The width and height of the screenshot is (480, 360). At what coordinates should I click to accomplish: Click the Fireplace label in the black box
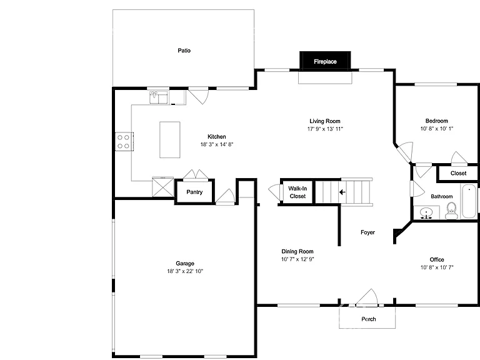click(325, 61)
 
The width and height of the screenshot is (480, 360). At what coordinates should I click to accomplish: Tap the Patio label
click(184, 51)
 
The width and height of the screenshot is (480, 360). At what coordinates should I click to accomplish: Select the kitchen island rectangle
click(169, 139)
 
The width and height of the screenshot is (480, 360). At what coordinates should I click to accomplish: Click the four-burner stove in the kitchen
click(124, 141)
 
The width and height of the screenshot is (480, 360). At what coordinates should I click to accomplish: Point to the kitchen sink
click(159, 97)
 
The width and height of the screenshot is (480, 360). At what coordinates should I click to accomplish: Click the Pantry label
click(194, 192)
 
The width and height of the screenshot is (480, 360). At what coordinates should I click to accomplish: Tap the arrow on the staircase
click(342, 192)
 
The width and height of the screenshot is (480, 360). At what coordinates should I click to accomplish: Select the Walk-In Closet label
click(297, 192)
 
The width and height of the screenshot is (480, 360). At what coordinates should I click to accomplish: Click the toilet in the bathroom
click(451, 211)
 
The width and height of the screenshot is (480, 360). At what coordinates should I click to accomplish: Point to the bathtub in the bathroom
click(469, 201)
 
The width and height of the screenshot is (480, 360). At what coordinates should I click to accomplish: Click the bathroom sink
click(426, 212)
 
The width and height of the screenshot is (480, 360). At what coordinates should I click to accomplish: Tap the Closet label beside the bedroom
click(458, 173)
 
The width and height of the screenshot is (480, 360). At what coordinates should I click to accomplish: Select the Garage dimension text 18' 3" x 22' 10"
click(185, 271)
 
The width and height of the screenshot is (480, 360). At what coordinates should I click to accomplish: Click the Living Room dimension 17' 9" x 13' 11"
click(325, 129)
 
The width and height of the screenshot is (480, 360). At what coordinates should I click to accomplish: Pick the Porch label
click(369, 319)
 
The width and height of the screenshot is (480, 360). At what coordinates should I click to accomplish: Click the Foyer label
click(367, 232)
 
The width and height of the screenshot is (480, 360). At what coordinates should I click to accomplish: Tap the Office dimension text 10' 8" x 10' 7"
click(437, 267)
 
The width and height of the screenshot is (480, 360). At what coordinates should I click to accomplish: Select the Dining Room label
click(297, 251)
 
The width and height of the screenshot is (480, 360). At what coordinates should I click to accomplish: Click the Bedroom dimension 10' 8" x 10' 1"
click(436, 129)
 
